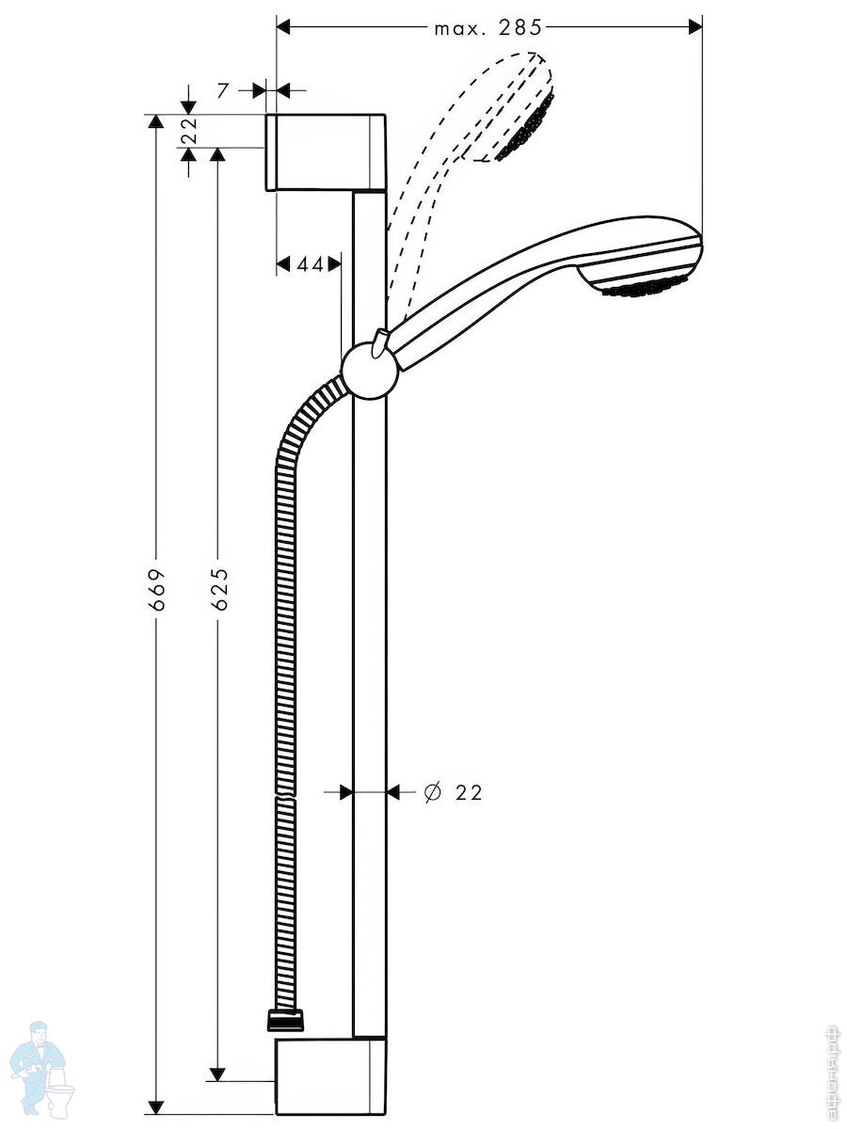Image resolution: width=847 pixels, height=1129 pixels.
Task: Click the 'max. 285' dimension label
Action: coord(488,28)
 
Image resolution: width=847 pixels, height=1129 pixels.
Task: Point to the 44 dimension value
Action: coord(310,265)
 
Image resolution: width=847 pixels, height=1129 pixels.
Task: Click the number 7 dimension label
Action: coord(222,91)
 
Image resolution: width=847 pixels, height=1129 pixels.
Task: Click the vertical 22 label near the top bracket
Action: coord(189,131)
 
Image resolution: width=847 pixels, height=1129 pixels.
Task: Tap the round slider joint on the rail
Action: coord(370,372)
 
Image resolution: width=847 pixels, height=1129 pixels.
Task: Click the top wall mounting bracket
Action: coord(326,152)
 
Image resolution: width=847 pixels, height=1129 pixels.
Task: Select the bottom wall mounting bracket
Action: coord(330,1044)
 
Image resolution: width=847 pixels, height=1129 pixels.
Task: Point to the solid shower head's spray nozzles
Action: coord(644,289)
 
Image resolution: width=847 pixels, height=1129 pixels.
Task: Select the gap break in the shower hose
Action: coord(286,796)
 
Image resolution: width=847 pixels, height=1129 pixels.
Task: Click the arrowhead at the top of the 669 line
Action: coord(155,123)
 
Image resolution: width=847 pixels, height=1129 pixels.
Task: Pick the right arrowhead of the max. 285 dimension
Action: coord(695,26)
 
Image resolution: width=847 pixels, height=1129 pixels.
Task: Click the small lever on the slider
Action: coord(380,342)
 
